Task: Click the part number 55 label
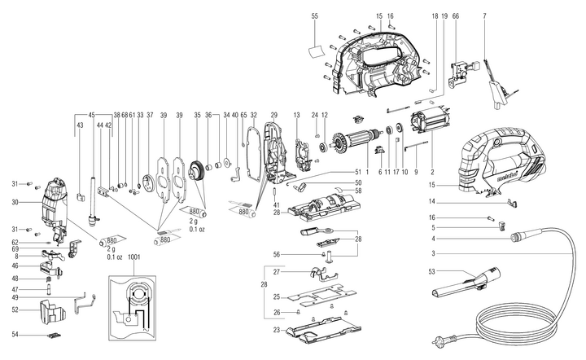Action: click(315, 16)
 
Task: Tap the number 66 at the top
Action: click(456, 16)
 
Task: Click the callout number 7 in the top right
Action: click(484, 16)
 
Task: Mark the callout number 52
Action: click(15, 310)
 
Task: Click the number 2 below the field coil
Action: click(431, 173)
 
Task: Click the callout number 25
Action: click(276, 296)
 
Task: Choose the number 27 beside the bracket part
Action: click(276, 271)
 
